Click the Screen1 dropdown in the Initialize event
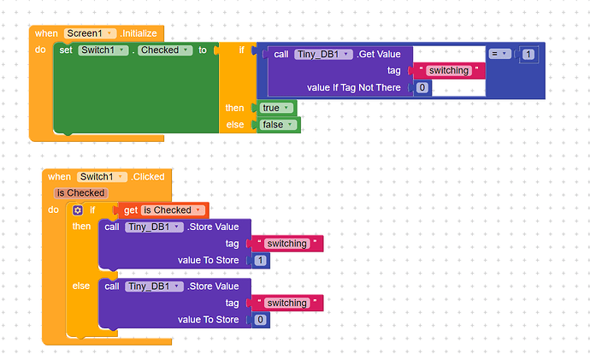click(x=90, y=33)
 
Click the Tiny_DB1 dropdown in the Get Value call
click(x=323, y=54)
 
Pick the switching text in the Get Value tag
click(x=448, y=70)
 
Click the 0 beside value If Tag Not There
click(x=422, y=87)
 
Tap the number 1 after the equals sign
click(x=528, y=54)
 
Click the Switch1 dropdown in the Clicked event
click(x=102, y=177)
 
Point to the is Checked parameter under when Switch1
click(x=80, y=193)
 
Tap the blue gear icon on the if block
click(x=78, y=210)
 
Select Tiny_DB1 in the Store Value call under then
click(x=154, y=227)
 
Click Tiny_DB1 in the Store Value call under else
click(x=154, y=286)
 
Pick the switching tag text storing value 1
click(x=286, y=244)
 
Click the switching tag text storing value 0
click(x=286, y=303)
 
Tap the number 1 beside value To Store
click(x=260, y=260)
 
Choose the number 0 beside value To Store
click(x=260, y=320)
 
